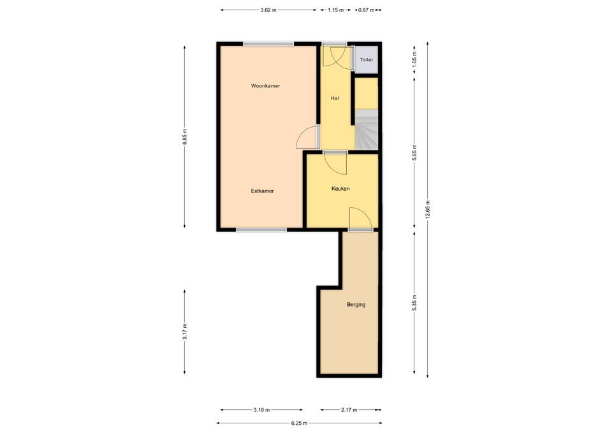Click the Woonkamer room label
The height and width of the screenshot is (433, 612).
[x=265, y=86]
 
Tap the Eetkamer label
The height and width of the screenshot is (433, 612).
[x=262, y=191]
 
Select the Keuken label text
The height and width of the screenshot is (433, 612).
[x=340, y=189]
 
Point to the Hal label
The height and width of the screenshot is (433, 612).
[x=335, y=98]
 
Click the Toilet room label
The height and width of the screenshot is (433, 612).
[x=366, y=60]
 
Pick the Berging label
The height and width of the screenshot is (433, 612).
[x=356, y=305]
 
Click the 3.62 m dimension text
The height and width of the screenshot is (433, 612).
[x=268, y=10]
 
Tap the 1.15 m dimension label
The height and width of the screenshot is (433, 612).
[x=336, y=10]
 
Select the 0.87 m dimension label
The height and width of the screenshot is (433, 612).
[x=366, y=10]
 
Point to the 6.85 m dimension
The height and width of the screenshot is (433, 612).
[x=185, y=136]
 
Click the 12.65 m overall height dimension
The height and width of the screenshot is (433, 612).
[x=428, y=210]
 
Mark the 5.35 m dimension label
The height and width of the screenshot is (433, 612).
[x=414, y=303]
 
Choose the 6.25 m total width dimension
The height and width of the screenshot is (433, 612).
[x=300, y=423]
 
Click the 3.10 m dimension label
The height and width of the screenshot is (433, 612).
[x=261, y=410]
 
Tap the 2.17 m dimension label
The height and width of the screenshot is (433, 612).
[x=349, y=410]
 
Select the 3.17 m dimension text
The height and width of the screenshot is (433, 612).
[x=185, y=332]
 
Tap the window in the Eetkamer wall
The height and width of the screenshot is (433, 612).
[x=261, y=230]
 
